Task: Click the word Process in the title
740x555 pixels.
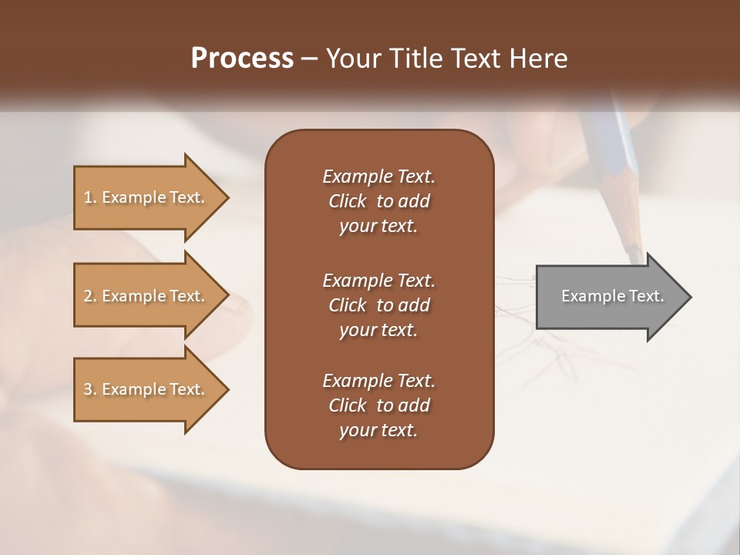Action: click(241, 59)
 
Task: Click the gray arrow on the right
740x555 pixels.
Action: click(609, 297)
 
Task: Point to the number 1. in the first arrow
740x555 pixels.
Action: click(90, 198)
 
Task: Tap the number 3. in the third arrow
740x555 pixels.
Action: click(90, 390)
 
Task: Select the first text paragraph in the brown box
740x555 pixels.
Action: click(378, 201)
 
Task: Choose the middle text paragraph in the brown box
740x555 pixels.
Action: click(378, 305)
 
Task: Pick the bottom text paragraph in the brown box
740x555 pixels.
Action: click(378, 405)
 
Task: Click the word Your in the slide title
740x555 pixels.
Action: click(351, 59)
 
